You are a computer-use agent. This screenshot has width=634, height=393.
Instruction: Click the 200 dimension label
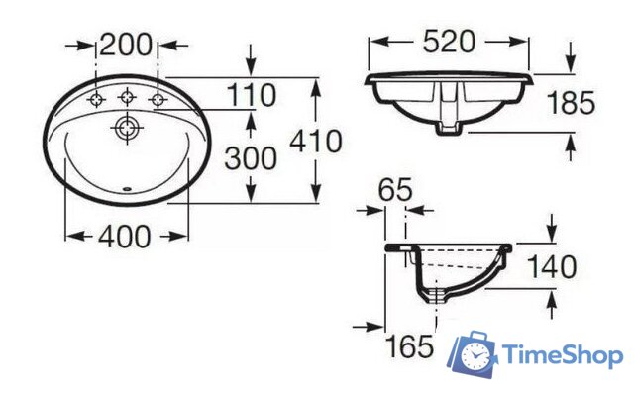(x=126, y=45)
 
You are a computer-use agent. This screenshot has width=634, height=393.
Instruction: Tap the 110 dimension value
(x=252, y=95)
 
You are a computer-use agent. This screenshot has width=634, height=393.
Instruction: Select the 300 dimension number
(x=251, y=158)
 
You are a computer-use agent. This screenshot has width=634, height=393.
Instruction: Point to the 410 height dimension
(x=316, y=142)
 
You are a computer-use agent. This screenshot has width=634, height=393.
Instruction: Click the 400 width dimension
(x=125, y=237)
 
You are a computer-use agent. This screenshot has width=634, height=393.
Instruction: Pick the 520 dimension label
(x=449, y=42)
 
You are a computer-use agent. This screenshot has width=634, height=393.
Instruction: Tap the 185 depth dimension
(x=571, y=103)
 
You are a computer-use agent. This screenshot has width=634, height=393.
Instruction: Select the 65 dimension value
(x=395, y=189)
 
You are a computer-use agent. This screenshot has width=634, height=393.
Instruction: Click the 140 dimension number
(x=552, y=267)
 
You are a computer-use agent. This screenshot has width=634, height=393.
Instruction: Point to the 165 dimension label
(x=409, y=346)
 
